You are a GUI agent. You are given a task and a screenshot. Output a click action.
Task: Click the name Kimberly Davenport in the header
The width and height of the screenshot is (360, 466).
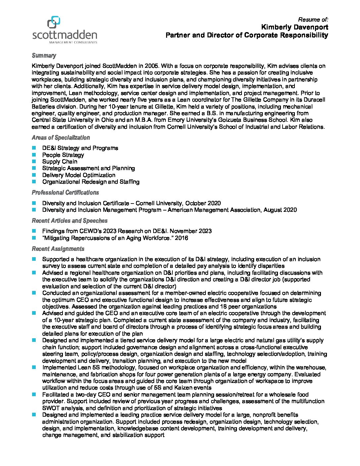(x=294, y=27)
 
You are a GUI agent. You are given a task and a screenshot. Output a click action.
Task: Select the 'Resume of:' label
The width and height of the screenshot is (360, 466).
(x=313, y=20)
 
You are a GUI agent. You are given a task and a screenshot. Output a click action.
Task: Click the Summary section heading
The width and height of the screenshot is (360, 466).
(x=44, y=56)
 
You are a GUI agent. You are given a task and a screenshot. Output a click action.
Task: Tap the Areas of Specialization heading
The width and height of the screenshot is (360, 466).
(x=61, y=138)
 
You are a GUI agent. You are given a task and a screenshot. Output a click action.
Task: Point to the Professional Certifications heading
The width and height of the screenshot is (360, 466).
(x=65, y=193)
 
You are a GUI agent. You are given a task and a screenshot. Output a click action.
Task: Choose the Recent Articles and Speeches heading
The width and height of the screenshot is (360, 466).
(x=69, y=221)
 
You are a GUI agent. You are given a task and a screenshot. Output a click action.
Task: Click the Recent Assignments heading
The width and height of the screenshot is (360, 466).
(x=58, y=249)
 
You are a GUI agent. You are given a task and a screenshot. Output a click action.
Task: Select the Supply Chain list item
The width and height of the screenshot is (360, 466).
(x=60, y=162)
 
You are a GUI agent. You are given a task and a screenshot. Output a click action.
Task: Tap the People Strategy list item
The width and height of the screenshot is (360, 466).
(x=63, y=155)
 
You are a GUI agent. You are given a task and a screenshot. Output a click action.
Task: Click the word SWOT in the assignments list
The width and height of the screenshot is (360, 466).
(x=50, y=408)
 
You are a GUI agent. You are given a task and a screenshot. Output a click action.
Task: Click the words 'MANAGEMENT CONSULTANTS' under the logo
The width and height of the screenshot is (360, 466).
(x=73, y=42)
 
